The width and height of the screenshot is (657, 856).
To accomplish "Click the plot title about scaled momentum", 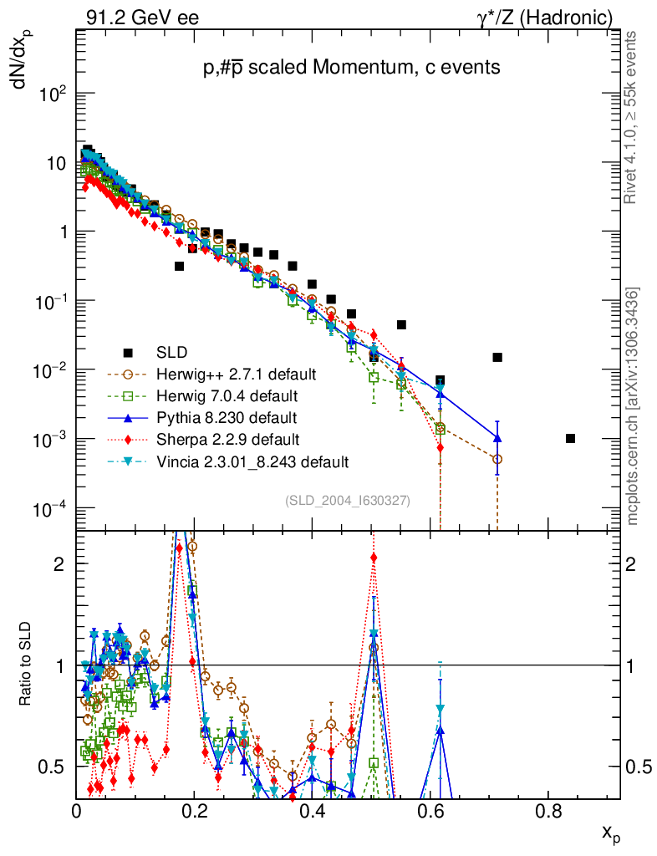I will pyautogui.click(x=351, y=69).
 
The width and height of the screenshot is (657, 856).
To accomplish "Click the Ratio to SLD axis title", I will pyautogui.click(x=26, y=665).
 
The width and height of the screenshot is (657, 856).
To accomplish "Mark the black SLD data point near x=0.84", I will pyautogui.click(x=570, y=438).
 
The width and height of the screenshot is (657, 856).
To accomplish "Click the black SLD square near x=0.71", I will pyautogui.click(x=497, y=357).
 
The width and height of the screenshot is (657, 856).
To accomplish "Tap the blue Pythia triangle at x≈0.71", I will pyautogui.click(x=497, y=438).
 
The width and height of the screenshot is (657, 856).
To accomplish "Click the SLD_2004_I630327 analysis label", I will pyautogui.click(x=347, y=500).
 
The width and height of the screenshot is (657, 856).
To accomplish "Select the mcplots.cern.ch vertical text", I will pyautogui.click(x=633, y=406).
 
